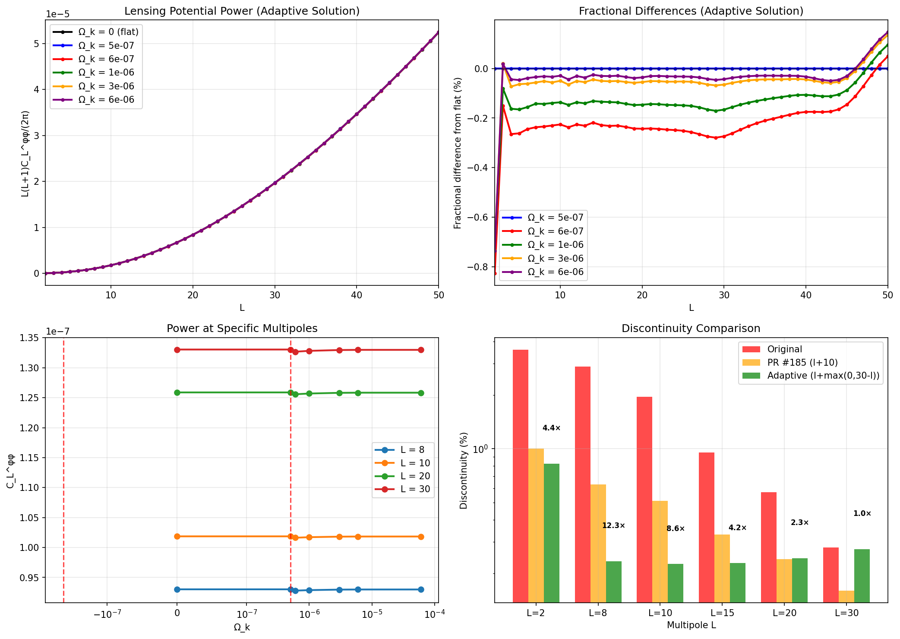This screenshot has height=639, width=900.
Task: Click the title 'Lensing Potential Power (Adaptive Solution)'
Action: pos(242,11)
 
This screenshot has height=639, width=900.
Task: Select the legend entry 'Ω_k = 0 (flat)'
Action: pos(108,32)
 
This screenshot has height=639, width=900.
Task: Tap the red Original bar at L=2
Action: pos(520,475)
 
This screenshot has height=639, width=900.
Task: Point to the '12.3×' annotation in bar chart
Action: pos(613,525)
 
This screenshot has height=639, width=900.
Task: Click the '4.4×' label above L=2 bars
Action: pos(551,428)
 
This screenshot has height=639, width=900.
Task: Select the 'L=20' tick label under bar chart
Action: pos(784,613)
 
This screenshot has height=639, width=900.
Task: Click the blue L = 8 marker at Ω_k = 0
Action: pos(177,589)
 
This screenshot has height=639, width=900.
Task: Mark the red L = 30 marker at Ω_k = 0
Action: pos(177,350)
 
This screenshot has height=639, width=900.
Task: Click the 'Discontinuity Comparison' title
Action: pos(691,329)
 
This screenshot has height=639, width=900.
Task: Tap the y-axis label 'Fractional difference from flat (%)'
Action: pos(458,153)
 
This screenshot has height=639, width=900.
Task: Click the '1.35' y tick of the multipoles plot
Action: pos(29,338)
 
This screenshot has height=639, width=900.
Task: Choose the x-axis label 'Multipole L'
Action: pos(691,625)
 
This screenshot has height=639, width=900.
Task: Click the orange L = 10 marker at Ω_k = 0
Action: pos(177,536)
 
